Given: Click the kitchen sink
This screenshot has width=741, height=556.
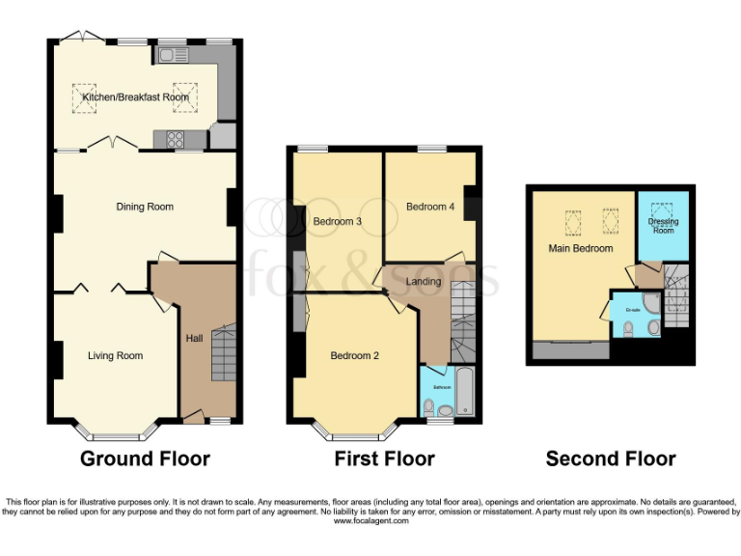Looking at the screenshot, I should pyautogui.click(x=175, y=56).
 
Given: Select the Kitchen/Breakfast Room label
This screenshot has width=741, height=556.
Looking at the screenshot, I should pyautogui.click(x=135, y=97).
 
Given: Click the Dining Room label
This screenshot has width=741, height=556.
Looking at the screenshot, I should pyautogui.click(x=145, y=207).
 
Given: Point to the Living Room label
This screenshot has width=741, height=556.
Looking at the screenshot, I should pyautogui.click(x=115, y=356).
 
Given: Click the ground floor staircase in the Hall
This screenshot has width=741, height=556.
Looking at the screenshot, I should pyautogui.click(x=223, y=353).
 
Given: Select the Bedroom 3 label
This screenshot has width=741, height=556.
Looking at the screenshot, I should pyautogui.click(x=338, y=222).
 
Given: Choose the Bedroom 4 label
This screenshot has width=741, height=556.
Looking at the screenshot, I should pyautogui.click(x=430, y=207).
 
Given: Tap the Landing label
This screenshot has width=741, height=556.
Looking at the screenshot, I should pyautogui.click(x=423, y=282).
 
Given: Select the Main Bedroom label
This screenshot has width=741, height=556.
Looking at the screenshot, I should pyautogui.click(x=581, y=248).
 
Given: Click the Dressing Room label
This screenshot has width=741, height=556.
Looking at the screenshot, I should pyautogui.click(x=663, y=226).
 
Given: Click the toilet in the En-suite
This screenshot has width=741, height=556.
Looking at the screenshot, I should pyautogui.click(x=629, y=328).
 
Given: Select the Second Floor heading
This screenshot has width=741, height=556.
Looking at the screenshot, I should pyautogui.click(x=611, y=459).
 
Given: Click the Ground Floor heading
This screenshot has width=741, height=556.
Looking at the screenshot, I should pyautogui.click(x=145, y=459).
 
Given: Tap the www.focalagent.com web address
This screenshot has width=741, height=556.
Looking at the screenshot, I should pyautogui.click(x=371, y=521).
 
